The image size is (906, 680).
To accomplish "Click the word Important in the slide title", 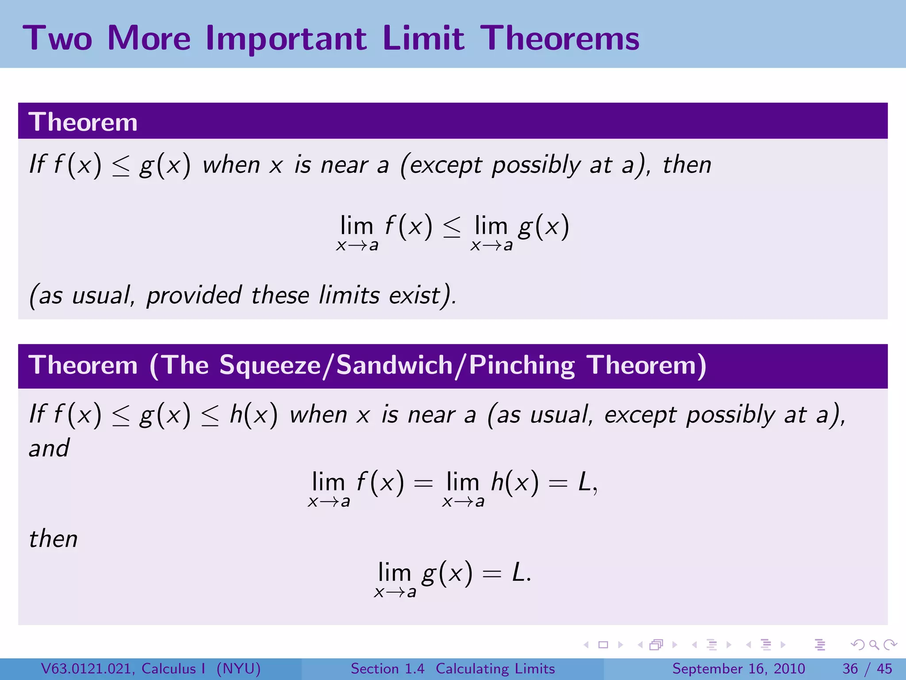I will tap(286, 39).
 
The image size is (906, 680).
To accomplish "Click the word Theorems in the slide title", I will tap(560, 38).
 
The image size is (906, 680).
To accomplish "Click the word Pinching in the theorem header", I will tap(522, 366).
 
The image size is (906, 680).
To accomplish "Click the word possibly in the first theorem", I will tap(536, 166).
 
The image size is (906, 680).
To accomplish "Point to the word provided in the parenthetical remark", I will tap(194, 295).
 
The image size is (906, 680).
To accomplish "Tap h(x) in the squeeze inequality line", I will tap(253, 415).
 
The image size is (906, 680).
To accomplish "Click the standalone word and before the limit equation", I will tap(49, 448).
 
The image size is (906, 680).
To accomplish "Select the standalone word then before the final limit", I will tap(53, 539).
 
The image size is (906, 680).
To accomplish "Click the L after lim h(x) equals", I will tap(585, 482).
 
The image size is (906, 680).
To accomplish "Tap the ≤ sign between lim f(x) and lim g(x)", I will tap(452, 228).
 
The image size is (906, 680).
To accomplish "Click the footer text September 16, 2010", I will tap(738, 668).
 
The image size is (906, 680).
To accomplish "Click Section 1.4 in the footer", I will tap(388, 668).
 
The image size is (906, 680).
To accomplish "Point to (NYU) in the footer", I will tap(238, 668).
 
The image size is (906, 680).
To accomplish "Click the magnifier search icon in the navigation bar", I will tap(873, 645).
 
